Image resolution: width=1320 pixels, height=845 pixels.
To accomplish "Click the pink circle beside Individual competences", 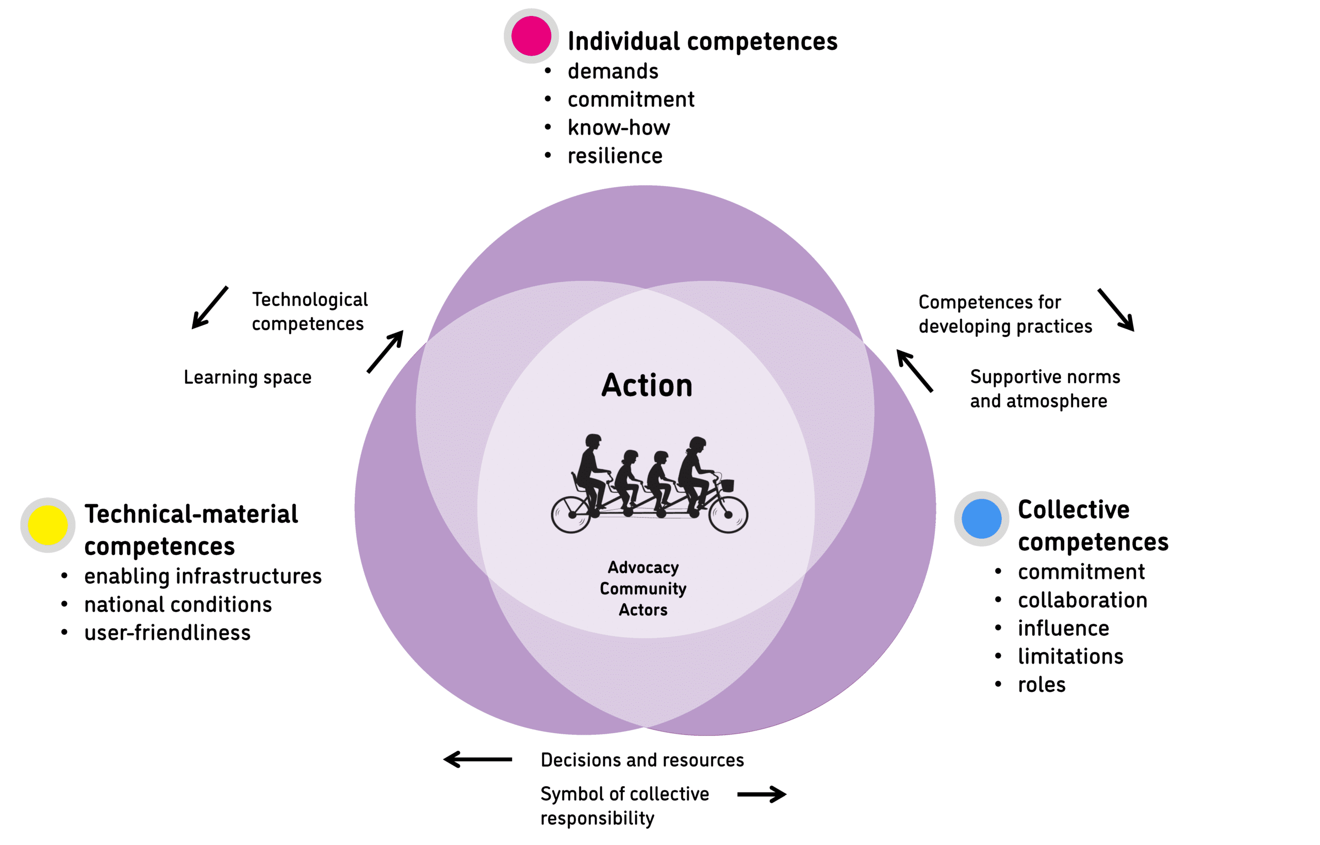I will [531, 36].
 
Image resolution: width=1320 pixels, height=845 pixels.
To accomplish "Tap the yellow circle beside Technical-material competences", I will [48, 525].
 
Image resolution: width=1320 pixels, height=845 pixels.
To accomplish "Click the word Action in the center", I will [646, 385].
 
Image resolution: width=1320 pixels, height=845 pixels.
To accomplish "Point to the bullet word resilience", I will [615, 156].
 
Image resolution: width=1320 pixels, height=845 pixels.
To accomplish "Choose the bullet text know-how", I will [618, 128].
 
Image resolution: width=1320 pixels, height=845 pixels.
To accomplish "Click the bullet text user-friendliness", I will [168, 633].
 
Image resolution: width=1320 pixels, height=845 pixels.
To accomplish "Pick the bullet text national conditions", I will [178, 605].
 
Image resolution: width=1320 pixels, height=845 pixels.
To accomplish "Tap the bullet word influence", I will [1063, 628].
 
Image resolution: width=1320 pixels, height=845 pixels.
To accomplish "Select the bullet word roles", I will [1041, 685].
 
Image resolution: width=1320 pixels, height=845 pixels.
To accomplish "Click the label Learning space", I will [247, 377].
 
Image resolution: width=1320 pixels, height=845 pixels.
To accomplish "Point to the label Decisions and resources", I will [642, 760].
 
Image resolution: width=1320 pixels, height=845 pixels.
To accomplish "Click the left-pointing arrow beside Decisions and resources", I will [477, 759].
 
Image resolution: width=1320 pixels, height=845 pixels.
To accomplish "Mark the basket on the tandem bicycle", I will [727, 486].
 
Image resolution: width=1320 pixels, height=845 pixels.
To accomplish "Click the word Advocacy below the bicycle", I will [643, 567].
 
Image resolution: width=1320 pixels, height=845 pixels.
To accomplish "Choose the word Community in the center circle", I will [643, 589].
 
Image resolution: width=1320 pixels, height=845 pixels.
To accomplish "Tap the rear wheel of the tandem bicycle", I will [571, 514].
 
